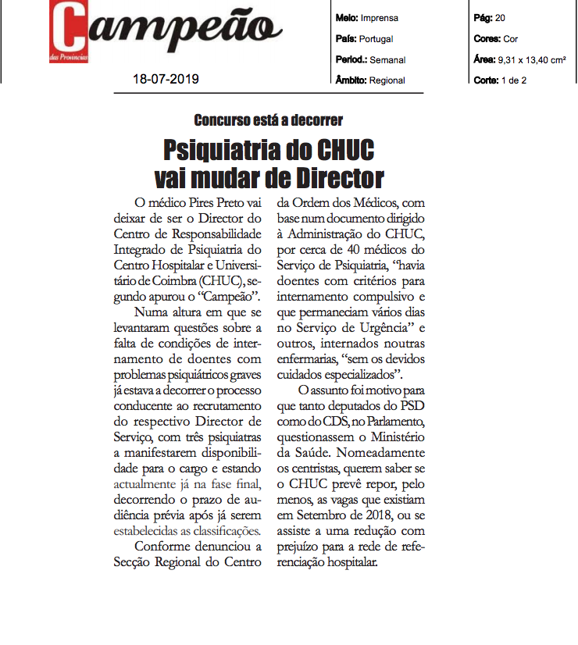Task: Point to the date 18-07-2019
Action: coord(166,79)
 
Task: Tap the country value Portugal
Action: coord(376,38)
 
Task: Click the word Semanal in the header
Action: coord(387,59)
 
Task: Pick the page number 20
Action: coord(500,17)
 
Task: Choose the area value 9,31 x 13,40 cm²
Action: coord(530,59)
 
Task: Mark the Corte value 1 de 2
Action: coord(514,80)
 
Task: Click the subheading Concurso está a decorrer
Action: coord(268,120)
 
